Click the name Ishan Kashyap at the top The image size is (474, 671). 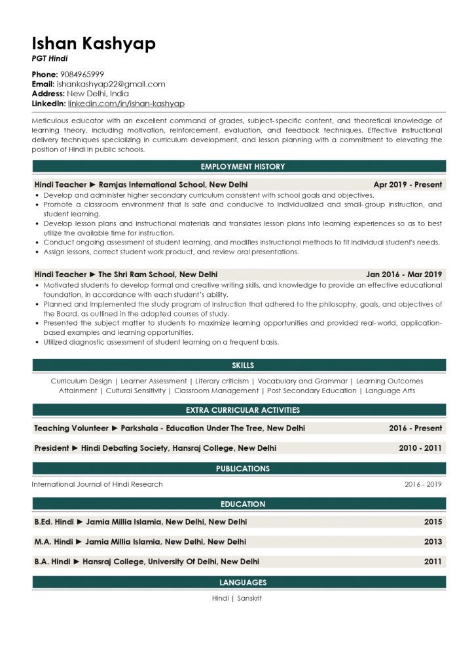pyautogui.click(x=94, y=43)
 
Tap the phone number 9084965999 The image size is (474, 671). pyautogui.click(x=82, y=75)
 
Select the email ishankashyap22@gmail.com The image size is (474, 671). pyautogui.click(x=111, y=84)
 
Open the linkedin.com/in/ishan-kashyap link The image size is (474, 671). pyautogui.click(x=126, y=104)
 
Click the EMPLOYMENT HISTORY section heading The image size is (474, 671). pyautogui.click(x=239, y=166)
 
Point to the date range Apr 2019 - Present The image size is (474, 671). pyautogui.click(x=407, y=185)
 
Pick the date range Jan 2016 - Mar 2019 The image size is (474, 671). pyautogui.click(x=404, y=275)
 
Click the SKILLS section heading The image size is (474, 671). pyautogui.click(x=239, y=365)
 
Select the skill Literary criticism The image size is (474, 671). pyautogui.click(x=221, y=381)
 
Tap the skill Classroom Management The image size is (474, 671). pyautogui.click(x=217, y=391)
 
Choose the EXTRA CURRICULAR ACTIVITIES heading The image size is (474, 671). pyautogui.click(x=239, y=410)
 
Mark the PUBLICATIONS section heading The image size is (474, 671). pyautogui.click(x=239, y=469)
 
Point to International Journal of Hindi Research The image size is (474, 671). pyautogui.click(x=98, y=484)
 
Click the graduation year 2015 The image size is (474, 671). pyautogui.click(x=433, y=522)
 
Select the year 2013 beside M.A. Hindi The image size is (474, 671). pyautogui.click(x=433, y=542)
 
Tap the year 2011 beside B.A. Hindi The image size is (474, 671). pyautogui.click(x=433, y=562)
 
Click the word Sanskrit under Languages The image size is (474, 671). pyautogui.click(x=249, y=598)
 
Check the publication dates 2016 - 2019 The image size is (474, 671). pyautogui.click(x=423, y=484)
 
